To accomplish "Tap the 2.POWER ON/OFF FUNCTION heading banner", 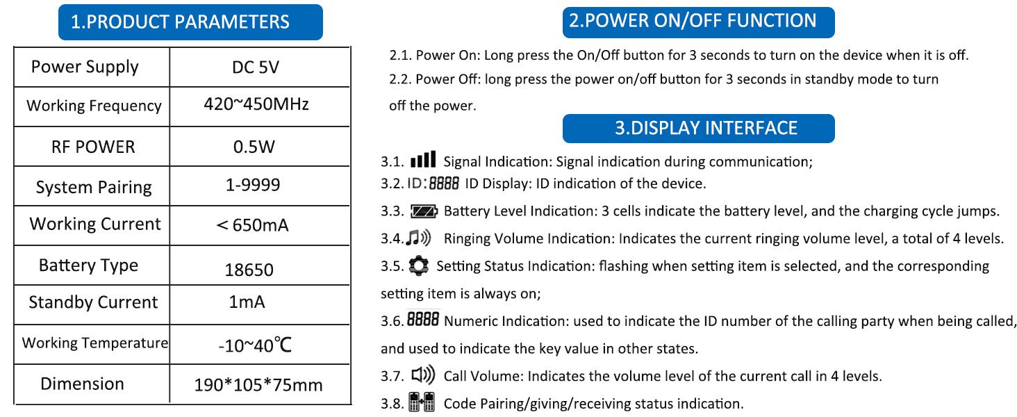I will click(698, 21).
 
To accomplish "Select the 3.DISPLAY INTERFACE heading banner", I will click(698, 129).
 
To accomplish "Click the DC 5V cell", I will click(256, 67).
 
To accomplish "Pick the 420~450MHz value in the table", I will click(256, 105).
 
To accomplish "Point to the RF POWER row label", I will click(93, 147).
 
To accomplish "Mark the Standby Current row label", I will click(93, 303).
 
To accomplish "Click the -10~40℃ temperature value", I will click(254, 344).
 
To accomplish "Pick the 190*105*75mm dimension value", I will click(258, 385).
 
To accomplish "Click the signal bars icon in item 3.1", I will click(423, 161).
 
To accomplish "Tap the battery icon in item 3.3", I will click(424, 211).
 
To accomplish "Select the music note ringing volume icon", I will click(419, 239).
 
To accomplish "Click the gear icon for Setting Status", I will click(418, 265).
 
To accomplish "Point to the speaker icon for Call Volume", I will click(423, 376).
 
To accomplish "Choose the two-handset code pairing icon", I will click(422, 402).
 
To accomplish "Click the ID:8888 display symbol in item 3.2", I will click(433, 184).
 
